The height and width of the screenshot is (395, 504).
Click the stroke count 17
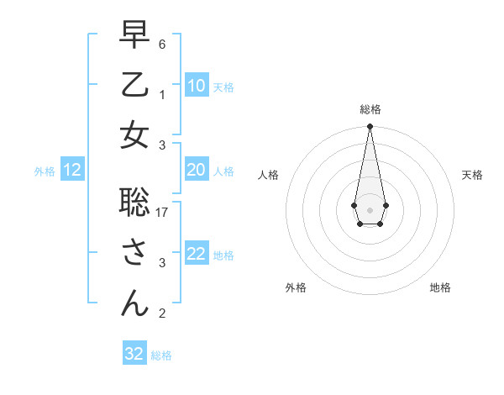[x=163, y=213]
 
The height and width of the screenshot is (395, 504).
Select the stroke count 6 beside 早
[x=162, y=44]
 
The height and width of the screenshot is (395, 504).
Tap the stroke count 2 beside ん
[x=162, y=313]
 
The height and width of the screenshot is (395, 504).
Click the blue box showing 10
[x=196, y=86]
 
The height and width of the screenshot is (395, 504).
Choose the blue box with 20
[x=196, y=170]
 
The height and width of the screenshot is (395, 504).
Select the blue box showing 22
[x=196, y=254]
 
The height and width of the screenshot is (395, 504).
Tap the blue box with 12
[x=71, y=171]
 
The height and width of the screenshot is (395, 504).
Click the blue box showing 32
[x=134, y=354]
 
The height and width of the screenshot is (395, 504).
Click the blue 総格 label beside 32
[x=161, y=355]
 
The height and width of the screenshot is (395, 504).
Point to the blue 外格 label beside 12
[x=45, y=171]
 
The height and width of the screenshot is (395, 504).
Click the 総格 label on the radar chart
[x=370, y=109]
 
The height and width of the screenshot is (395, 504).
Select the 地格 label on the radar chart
[x=440, y=287]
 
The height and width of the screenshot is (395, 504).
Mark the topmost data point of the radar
[x=370, y=127]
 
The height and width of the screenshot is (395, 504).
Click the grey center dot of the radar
[x=370, y=208]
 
